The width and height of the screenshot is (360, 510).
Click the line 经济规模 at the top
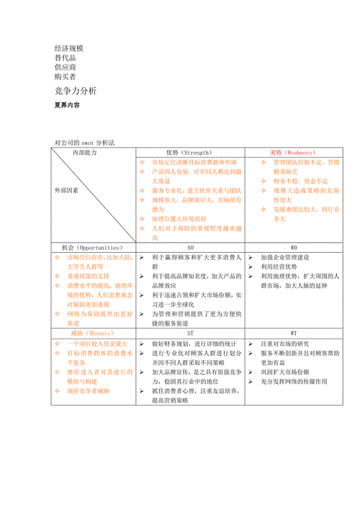coord(69,46)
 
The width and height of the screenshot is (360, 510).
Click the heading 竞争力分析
coord(75,91)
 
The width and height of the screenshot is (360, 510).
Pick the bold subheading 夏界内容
coord(67,105)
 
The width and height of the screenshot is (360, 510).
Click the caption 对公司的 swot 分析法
coord(84,143)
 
